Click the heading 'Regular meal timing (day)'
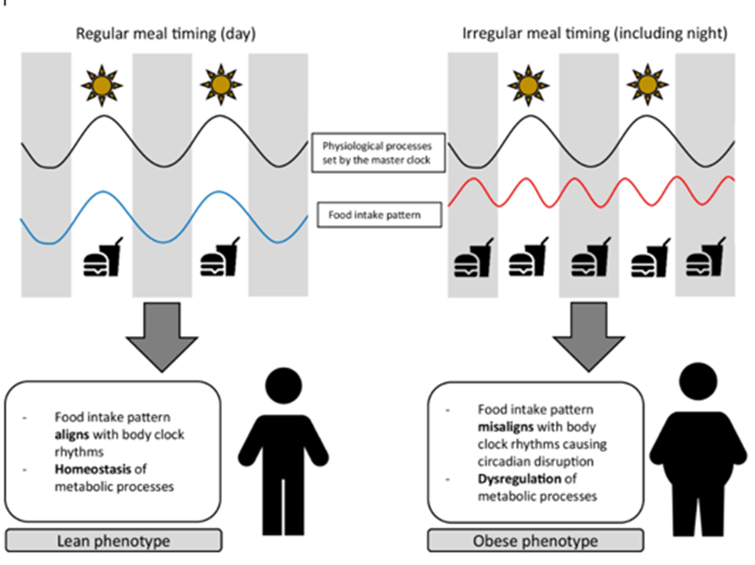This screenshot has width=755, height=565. [x=163, y=35]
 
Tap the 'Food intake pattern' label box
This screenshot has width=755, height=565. [x=373, y=216]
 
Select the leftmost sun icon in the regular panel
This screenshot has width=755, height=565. [x=101, y=84]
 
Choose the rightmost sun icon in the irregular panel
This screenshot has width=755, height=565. [x=646, y=84]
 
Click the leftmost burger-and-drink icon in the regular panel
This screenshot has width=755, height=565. [x=102, y=260]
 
